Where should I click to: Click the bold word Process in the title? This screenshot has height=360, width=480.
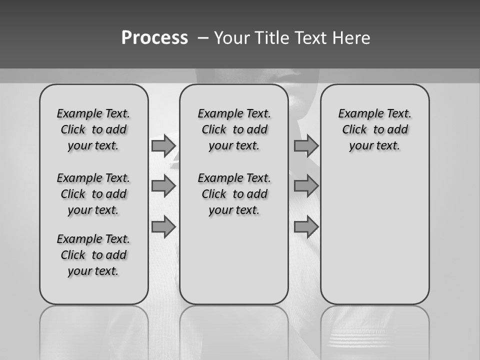(154, 38)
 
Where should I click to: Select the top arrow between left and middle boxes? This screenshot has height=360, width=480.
(163, 145)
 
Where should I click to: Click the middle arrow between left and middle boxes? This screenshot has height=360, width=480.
(163, 186)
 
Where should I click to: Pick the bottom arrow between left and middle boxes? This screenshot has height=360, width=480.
(163, 227)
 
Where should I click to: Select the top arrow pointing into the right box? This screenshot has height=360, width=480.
(306, 145)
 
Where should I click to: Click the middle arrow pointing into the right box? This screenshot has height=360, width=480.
(306, 186)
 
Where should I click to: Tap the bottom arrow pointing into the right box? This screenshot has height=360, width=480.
(306, 227)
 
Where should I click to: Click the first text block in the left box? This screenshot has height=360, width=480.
(93, 129)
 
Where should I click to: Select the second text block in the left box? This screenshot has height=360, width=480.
(93, 194)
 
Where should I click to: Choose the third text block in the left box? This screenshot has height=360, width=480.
(93, 255)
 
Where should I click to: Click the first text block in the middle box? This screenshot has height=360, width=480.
(234, 129)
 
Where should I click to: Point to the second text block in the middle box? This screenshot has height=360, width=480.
(234, 194)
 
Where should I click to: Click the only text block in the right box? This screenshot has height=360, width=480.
(374, 129)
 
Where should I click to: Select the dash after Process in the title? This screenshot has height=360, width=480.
(202, 38)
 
